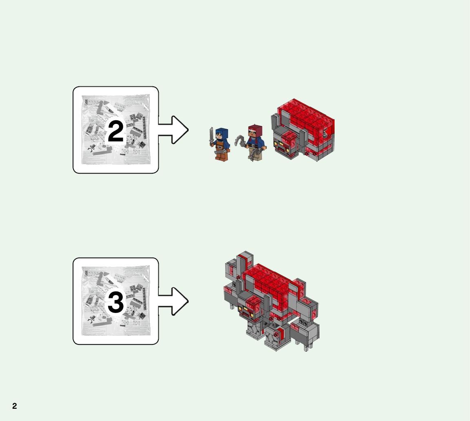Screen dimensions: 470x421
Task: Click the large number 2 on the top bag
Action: click(x=116, y=131)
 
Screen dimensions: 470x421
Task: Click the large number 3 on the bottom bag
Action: click(x=116, y=302)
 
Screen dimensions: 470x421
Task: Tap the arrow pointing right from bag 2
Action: click(x=173, y=130)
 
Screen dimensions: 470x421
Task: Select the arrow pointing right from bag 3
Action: click(x=173, y=301)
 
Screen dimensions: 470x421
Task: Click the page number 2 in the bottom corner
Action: click(x=14, y=406)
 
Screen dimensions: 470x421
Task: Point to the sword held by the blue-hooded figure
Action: click(x=212, y=136)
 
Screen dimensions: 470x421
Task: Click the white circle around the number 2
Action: click(x=116, y=131)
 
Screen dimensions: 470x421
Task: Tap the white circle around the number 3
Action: click(x=116, y=302)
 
